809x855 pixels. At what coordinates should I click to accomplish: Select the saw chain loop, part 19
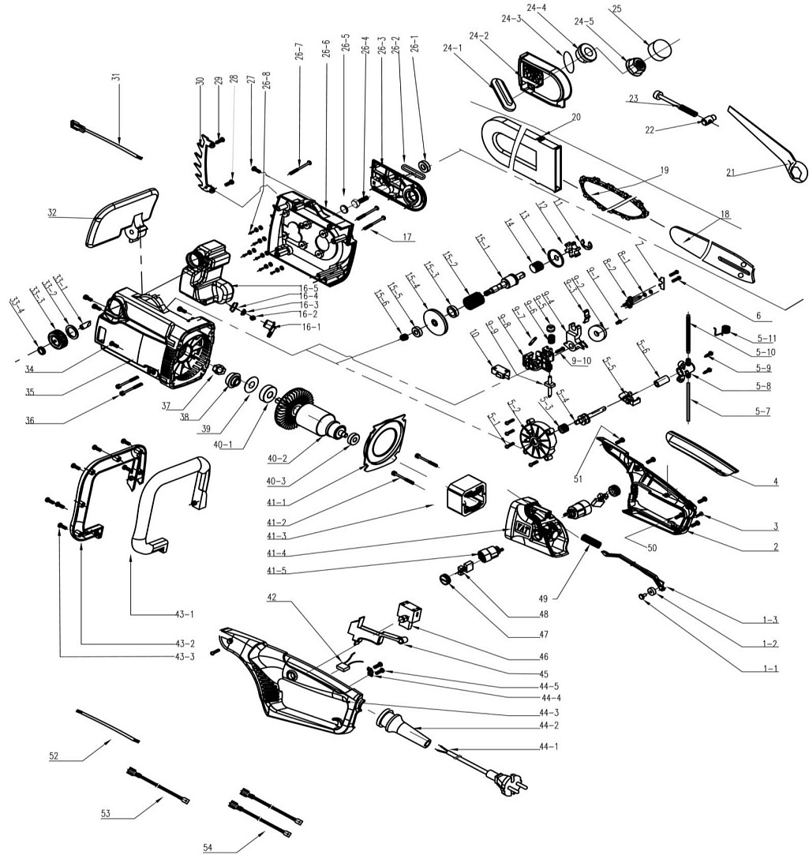coord(615,197)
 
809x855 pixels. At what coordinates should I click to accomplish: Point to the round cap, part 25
coord(659,48)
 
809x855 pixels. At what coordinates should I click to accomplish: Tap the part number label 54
coord(208,848)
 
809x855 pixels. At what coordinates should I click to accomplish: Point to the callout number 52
coord(54,756)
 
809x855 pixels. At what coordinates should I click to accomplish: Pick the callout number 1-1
coord(770,668)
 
